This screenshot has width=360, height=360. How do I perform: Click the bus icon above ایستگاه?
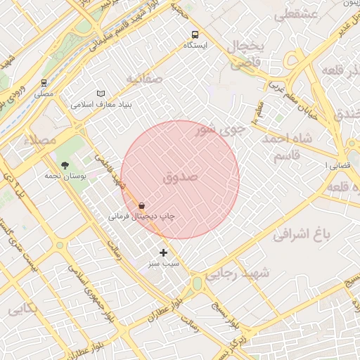coord(195,34)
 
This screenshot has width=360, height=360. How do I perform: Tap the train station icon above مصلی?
coord(44,83)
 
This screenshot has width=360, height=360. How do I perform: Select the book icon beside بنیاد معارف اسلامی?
coord(101,94)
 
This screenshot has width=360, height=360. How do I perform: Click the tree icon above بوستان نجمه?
coord(65,165)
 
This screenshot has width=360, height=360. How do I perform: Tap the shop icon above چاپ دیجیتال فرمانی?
coord(142,206)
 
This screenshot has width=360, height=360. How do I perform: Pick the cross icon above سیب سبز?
coord(163,252)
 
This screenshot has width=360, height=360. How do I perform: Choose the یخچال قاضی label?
coord(246,54)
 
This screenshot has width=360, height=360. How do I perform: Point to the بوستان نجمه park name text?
coord(65,176)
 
